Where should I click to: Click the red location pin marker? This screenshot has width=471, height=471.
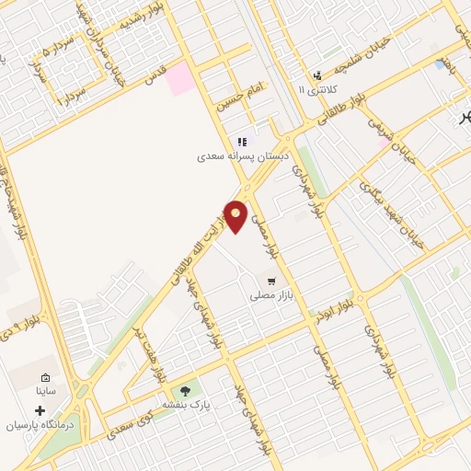236,215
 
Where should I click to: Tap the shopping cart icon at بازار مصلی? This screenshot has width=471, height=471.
270,281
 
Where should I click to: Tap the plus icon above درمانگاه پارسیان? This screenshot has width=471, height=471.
39,410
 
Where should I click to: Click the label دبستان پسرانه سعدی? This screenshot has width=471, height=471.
242,157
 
